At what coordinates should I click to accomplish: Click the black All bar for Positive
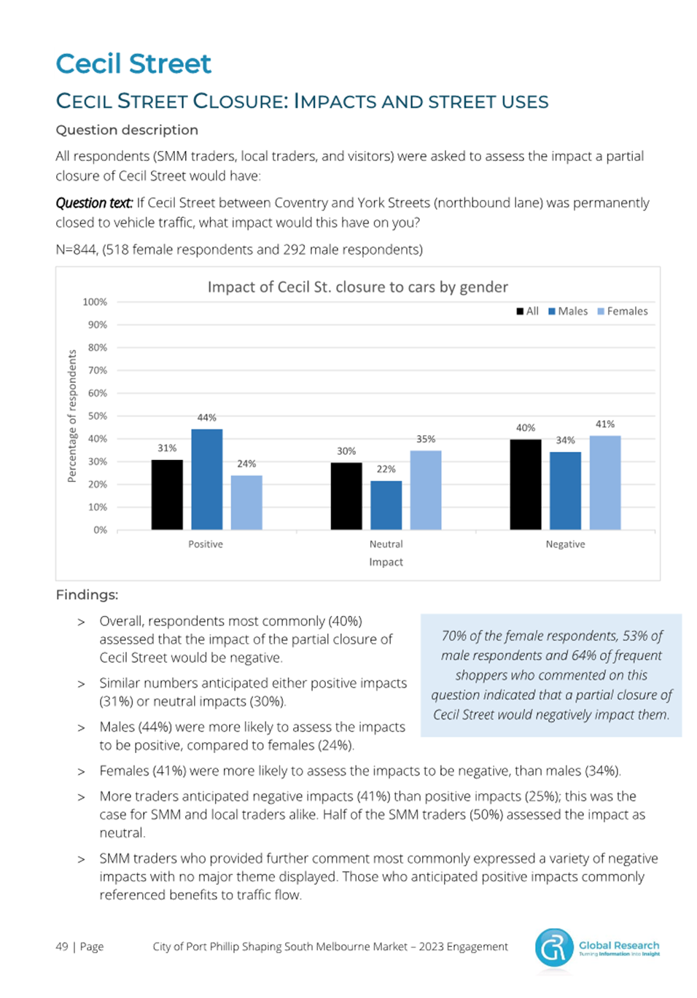pos(167,494)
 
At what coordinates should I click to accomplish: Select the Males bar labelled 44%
pos(207,479)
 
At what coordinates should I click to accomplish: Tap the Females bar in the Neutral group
pos(426,490)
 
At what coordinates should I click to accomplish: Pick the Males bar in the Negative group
pos(565,491)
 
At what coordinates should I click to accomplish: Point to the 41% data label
pos(604,424)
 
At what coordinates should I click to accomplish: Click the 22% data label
pos(386,469)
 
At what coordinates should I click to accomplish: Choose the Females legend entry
pos(623,311)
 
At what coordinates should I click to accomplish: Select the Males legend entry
pos(568,311)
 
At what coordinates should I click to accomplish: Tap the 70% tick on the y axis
pos(98,370)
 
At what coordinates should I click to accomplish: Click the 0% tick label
pos(101,530)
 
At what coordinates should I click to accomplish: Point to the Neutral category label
pos(386,544)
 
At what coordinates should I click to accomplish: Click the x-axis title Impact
pos(386,562)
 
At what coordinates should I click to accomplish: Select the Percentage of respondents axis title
pos(71,416)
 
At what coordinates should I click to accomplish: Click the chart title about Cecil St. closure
pos(357,287)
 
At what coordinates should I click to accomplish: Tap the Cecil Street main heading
pos(133,63)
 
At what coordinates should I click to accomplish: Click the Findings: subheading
pos(87,595)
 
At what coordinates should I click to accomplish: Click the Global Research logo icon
pos(554,946)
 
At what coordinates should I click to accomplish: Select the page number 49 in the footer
pos(62,946)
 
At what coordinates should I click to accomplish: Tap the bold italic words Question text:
pos(94,203)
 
